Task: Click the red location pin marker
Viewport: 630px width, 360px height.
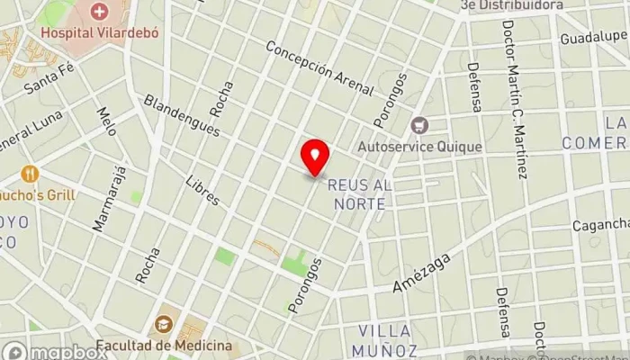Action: pos(315,158)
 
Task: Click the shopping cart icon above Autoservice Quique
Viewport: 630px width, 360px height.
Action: pos(417,124)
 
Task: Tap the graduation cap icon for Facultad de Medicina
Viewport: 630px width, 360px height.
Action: pos(164,323)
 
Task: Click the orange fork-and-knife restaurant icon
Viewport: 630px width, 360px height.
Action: pos(31,173)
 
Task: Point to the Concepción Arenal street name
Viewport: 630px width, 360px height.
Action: pos(319,68)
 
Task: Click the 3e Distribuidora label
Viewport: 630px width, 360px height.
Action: pos(511,5)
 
